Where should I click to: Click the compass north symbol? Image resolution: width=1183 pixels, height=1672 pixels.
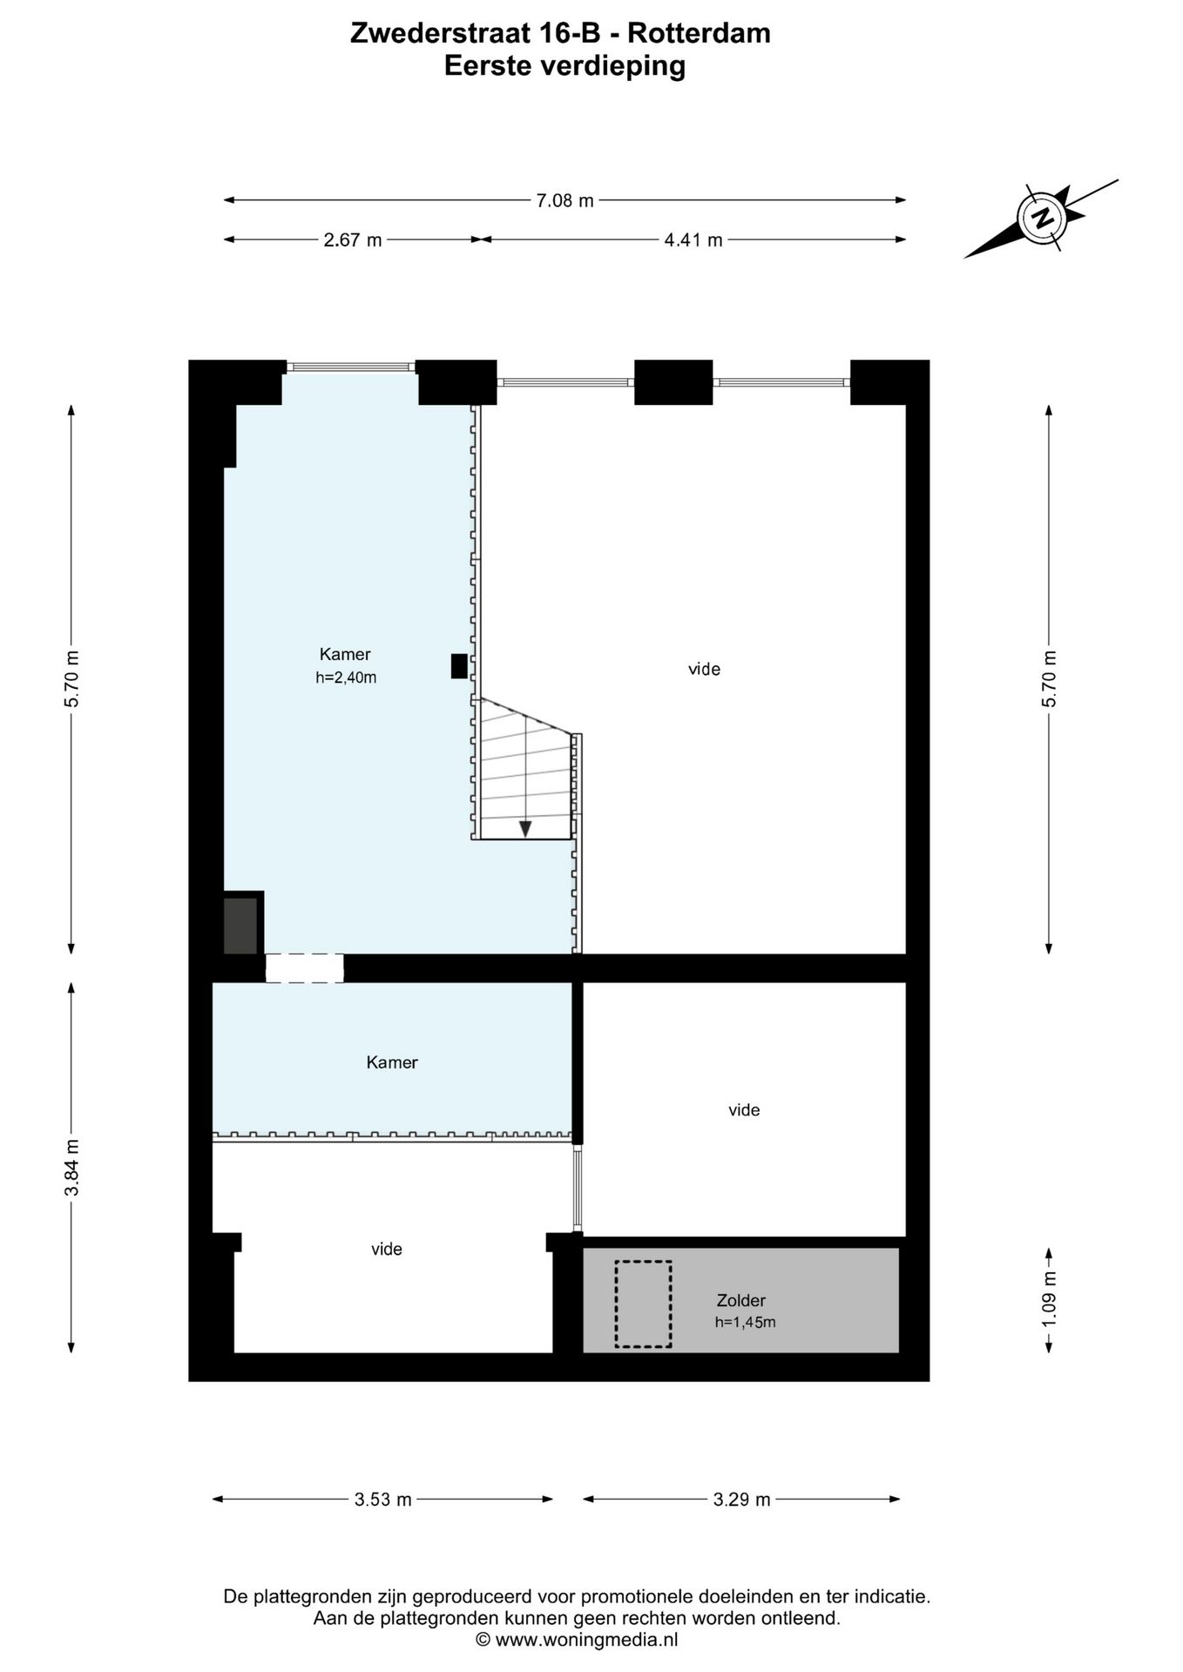(1042, 217)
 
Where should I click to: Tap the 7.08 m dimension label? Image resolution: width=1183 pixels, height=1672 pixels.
(564, 200)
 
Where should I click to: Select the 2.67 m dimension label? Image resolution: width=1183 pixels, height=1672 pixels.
(353, 240)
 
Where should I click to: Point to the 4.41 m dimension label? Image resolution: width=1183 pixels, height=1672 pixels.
(693, 240)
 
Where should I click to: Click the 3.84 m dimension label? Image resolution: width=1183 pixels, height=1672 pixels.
(71, 1167)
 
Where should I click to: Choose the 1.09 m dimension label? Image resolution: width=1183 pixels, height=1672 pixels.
(1049, 1299)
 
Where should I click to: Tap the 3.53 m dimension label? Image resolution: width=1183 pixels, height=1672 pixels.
(382, 1500)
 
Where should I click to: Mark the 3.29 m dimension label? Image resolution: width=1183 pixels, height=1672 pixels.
(741, 1500)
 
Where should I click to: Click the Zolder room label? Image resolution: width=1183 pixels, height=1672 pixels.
(740, 1300)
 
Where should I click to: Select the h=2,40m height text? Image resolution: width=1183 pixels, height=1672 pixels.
(346, 678)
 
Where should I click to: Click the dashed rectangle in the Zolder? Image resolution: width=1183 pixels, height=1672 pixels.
(643, 1304)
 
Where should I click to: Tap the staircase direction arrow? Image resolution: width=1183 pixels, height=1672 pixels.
(525, 828)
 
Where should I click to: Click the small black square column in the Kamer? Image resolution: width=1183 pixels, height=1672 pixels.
(458, 666)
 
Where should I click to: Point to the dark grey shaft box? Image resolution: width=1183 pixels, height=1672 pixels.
(240, 925)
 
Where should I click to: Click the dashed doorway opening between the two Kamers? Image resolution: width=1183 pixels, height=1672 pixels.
(304, 968)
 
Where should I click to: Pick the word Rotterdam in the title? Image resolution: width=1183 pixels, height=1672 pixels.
(699, 33)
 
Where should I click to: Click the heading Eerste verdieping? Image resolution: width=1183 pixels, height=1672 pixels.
(564, 65)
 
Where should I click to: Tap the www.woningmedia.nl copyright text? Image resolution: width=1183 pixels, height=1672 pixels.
(577, 1640)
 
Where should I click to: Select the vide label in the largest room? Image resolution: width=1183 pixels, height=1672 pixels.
(704, 669)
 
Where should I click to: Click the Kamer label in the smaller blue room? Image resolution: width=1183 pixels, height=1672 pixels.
(392, 1062)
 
